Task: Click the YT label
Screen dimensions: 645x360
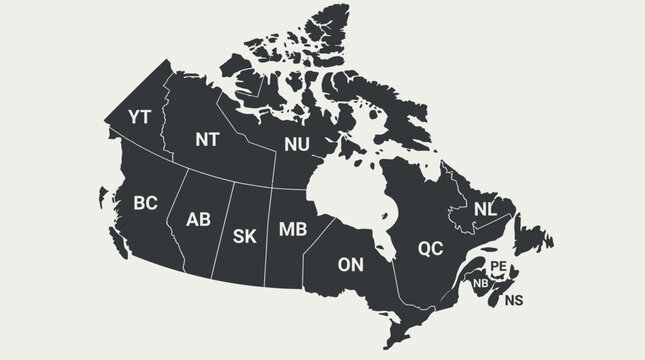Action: click(139, 118)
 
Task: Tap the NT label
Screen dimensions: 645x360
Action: click(207, 140)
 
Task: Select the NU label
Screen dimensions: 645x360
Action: click(296, 145)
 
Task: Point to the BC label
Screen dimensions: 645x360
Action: click(145, 203)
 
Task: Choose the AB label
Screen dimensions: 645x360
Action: click(199, 219)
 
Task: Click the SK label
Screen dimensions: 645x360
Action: click(244, 236)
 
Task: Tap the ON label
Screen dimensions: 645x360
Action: click(351, 265)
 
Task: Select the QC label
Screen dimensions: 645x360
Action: click(430, 247)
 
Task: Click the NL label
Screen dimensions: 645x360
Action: click(485, 209)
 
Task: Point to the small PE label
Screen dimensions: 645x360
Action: click(498, 265)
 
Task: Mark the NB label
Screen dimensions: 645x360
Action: click(481, 283)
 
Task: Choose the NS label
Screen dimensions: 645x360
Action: click(513, 300)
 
